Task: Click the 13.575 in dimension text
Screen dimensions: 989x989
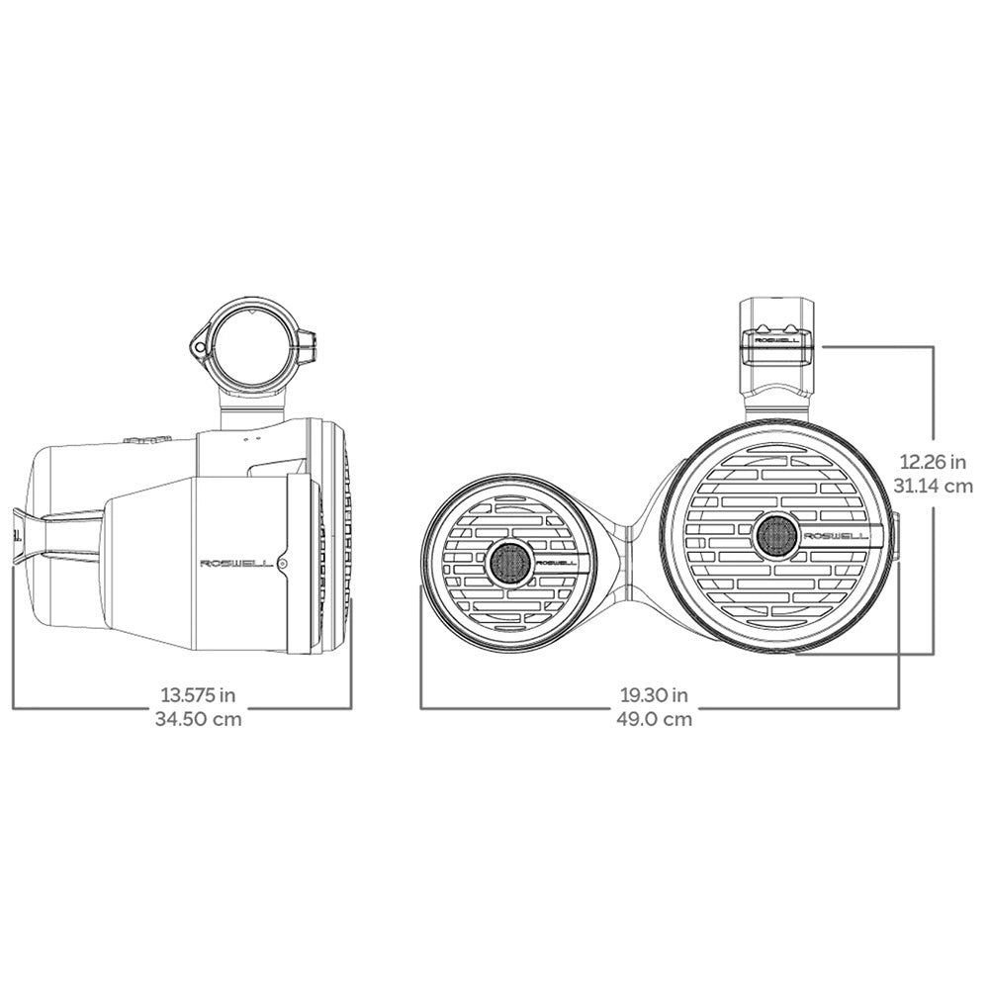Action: [199, 694]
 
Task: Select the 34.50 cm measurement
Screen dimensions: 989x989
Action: [199, 719]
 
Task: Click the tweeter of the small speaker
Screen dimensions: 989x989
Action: [510, 563]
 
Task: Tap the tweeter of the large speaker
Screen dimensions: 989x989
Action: [775, 536]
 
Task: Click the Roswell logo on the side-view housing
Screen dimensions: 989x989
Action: [237, 564]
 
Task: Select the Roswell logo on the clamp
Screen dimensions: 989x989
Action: [778, 339]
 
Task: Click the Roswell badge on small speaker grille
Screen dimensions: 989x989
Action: [560, 563]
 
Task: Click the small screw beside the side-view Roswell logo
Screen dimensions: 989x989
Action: [284, 564]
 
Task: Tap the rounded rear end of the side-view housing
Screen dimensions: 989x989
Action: [38, 534]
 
